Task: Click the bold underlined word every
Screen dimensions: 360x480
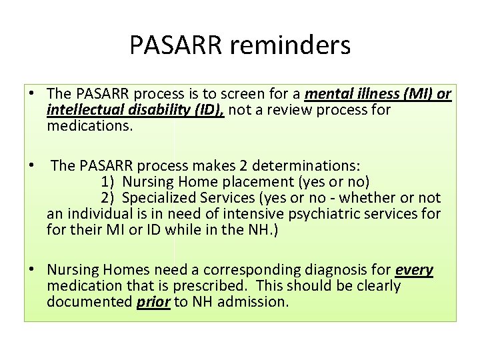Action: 414,270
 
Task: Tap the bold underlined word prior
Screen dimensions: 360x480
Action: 153,302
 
